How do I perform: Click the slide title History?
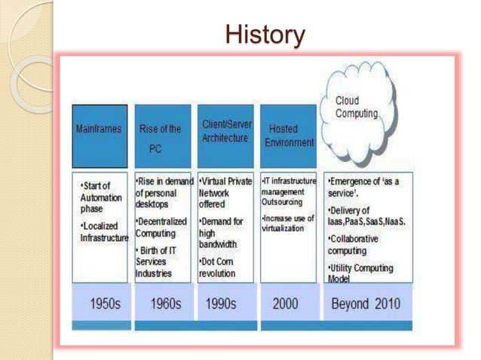pos(265,34)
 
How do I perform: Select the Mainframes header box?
pos(100,135)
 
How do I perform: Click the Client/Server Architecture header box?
pos(227,135)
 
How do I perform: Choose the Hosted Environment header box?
pos(290,135)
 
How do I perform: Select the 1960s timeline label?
pos(165,305)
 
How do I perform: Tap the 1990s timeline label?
pos(220,305)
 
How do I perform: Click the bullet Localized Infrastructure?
pos(104,232)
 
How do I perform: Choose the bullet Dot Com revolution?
pos(217,267)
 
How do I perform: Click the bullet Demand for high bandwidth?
pos(221,233)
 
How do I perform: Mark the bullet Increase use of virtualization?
pos(288,223)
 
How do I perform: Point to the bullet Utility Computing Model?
pos(360,273)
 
